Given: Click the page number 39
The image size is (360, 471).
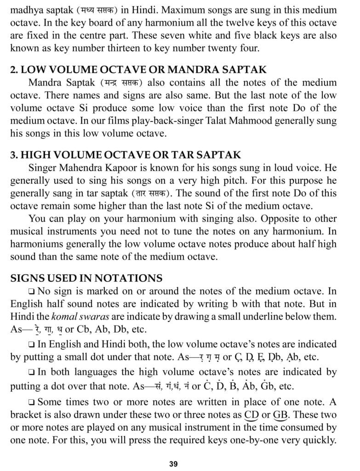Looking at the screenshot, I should (x=173, y=463).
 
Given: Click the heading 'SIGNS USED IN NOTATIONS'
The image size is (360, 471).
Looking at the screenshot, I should (x=86, y=278).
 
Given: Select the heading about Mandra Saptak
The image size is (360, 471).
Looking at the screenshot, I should (x=138, y=70).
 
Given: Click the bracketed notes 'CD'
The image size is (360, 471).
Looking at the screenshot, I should (x=251, y=415).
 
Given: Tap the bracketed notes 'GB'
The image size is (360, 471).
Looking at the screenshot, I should (x=280, y=415).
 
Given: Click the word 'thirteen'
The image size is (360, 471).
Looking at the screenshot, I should (x=171, y=48).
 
